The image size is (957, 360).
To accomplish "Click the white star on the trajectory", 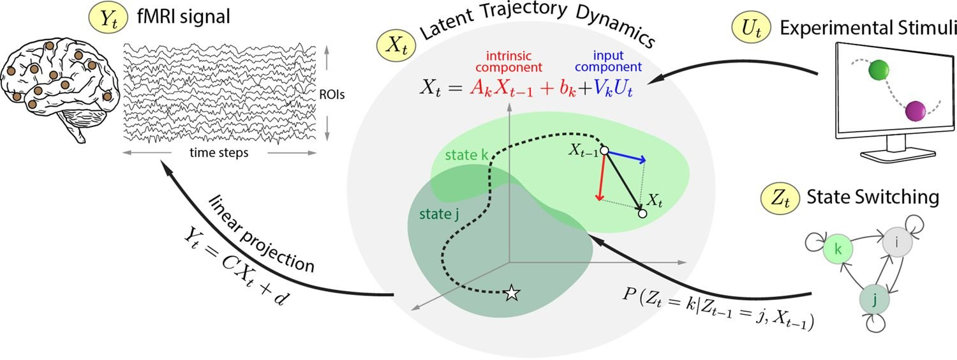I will [511, 294].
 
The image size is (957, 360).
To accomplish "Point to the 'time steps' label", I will [219, 153].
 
